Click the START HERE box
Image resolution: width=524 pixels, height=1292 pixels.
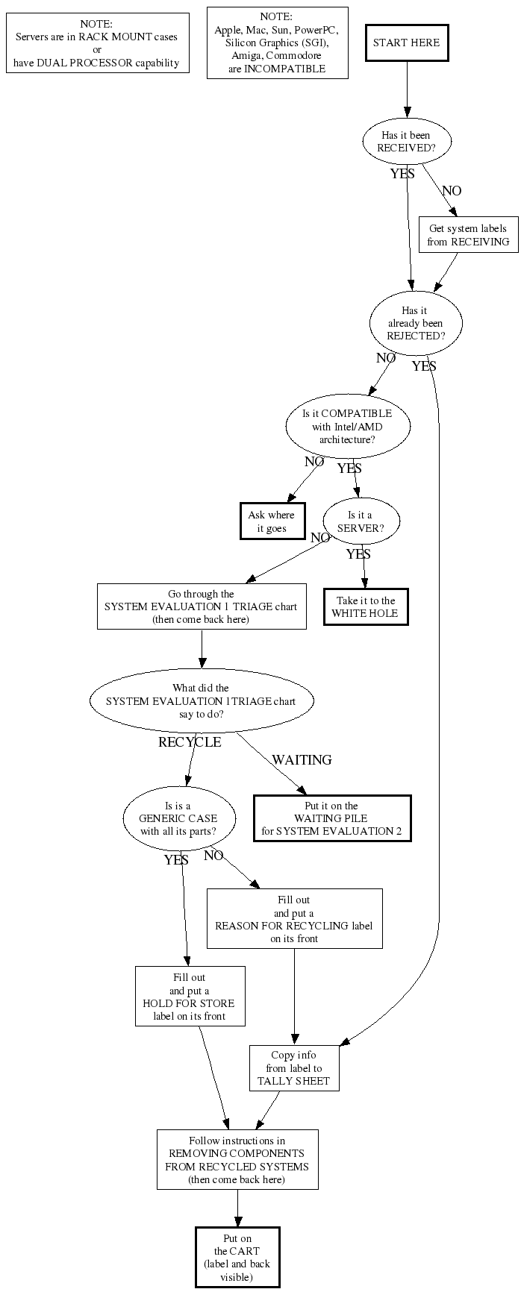click(407, 43)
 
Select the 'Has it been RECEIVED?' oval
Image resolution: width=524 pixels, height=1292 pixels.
click(407, 142)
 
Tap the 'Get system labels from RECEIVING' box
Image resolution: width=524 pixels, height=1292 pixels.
click(468, 235)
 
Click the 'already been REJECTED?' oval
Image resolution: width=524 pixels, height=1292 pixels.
click(416, 323)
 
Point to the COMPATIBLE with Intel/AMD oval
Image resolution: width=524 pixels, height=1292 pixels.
click(347, 426)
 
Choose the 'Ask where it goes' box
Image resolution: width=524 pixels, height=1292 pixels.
click(271, 521)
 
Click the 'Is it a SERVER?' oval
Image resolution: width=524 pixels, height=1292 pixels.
click(361, 521)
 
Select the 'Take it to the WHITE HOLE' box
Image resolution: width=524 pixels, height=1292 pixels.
click(366, 607)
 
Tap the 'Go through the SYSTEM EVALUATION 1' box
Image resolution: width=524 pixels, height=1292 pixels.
click(202, 606)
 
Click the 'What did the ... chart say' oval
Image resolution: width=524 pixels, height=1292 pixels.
click(201, 701)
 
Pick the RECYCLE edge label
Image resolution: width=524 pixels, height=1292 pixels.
click(190, 742)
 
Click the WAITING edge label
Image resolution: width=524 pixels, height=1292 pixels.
click(302, 760)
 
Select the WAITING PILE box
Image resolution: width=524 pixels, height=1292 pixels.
click(331, 818)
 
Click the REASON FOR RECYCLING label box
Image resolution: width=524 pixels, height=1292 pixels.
click(294, 919)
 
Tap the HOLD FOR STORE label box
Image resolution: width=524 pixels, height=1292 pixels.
click(190, 997)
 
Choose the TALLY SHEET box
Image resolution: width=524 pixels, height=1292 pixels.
click(293, 1068)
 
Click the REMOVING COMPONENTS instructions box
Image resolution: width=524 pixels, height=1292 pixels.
click(237, 1160)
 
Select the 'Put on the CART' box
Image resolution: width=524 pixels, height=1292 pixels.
click(237, 1258)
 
